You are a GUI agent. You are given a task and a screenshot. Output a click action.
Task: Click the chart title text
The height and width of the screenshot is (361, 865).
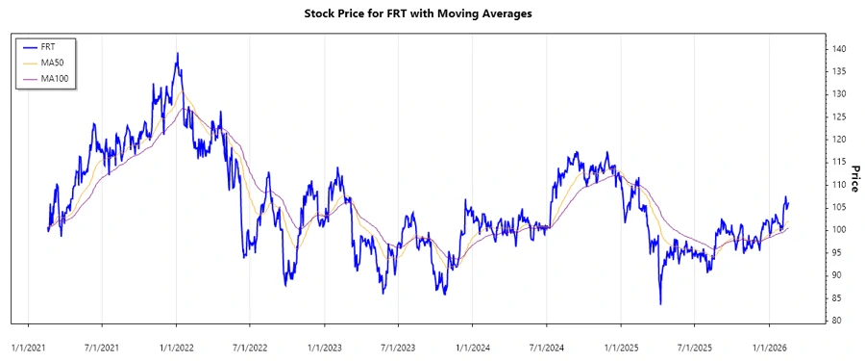point(432,13)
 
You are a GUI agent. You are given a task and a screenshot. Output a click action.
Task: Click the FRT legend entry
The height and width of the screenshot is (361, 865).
point(49,46)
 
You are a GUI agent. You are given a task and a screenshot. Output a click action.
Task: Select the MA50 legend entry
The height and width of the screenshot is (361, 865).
point(52,62)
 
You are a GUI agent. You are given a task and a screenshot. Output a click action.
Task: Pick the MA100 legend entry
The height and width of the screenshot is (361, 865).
point(54,78)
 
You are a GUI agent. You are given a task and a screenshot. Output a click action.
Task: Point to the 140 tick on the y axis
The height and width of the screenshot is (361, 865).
point(840,48)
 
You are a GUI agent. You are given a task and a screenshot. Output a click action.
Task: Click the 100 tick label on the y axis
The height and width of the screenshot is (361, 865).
point(840,230)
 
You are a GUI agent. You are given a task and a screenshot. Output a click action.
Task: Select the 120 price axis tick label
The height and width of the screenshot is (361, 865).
point(840,140)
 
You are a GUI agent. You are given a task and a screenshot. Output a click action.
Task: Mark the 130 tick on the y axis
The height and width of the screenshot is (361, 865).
point(840,94)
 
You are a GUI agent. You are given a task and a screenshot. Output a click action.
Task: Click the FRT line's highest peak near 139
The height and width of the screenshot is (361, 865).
point(177,53)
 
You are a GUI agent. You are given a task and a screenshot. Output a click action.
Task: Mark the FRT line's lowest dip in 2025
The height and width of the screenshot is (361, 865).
point(660,304)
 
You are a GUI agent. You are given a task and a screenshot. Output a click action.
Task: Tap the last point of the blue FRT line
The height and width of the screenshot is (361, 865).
point(789,201)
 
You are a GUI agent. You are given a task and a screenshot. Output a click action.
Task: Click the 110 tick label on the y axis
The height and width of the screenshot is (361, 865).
point(840,185)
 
